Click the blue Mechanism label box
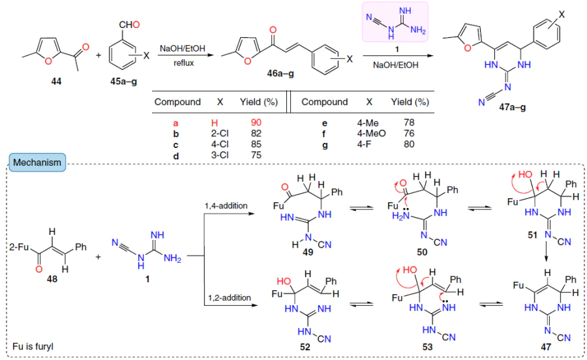tap(37, 162)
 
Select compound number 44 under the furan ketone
tap(56, 82)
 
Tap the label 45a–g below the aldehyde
tap(123, 82)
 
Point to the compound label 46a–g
tap(280, 73)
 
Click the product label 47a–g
tap(512, 107)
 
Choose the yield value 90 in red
tap(256, 123)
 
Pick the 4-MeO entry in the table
tap(370, 133)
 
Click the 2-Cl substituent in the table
tap(220, 133)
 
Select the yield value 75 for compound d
tap(256, 155)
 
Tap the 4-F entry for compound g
tap(364, 144)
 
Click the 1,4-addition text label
tap(226, 205)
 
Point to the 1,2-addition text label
tap(230, 297)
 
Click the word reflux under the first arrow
tap(183, 63)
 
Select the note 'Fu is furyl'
tap(33, 346)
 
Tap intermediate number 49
tap(308, 252)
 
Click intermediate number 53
tap(427, 347)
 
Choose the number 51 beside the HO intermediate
tap(532, 235)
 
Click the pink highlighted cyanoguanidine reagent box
tap(395, 22)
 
